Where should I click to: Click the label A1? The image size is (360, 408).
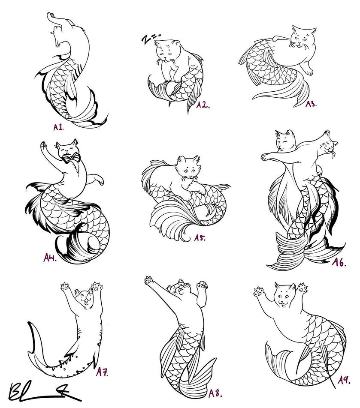(x=59, y=127)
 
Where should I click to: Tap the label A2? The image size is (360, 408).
(x=203, y=105)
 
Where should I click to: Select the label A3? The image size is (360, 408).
(x=311, y=104)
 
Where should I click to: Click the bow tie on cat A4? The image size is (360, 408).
(x=71, y=158)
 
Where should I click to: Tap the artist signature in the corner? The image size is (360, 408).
(x=39, y=390)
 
